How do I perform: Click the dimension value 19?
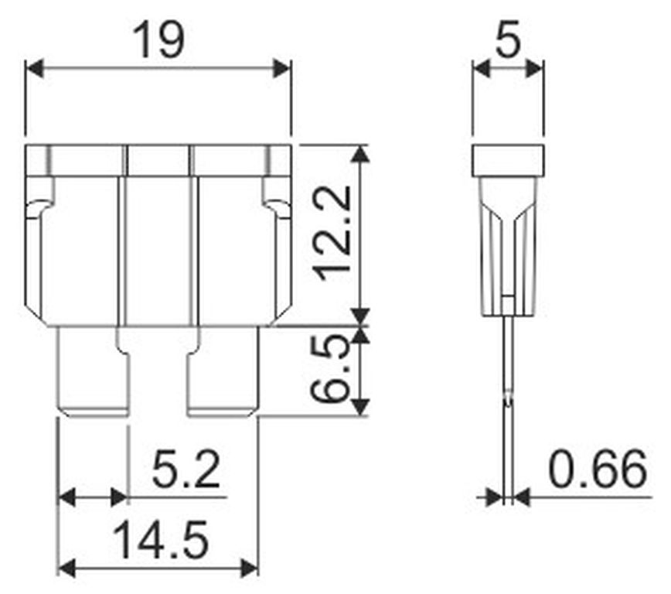[158, 41]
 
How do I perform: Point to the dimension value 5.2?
[186, 470]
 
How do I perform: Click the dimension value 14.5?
[161, 540]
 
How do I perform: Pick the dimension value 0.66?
[598, 469]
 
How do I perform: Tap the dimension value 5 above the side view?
[508, 39]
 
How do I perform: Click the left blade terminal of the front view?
[93, 372]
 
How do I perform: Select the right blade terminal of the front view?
[223, 372]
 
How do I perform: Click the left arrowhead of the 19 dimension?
[34, 69]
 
